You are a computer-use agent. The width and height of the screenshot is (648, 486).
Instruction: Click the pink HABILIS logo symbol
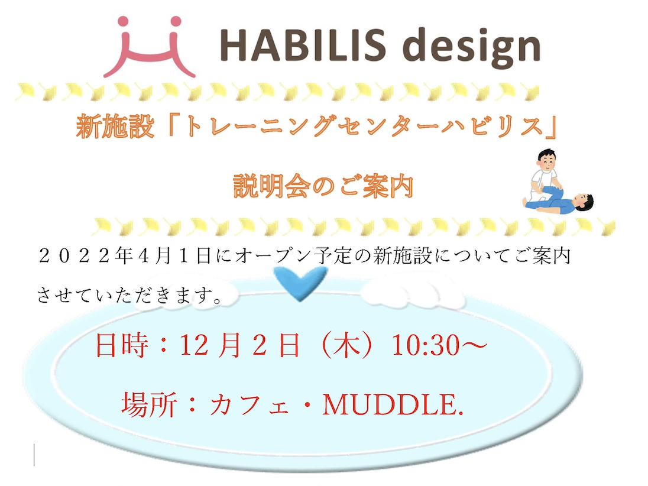pyautogui.click(x=149, y=47)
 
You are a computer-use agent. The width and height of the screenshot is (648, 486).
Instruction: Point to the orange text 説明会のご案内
pyautogui.click(x=323, y=187)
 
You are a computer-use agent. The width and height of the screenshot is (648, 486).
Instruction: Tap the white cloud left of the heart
pyautogui.click(x=188, y=291)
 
